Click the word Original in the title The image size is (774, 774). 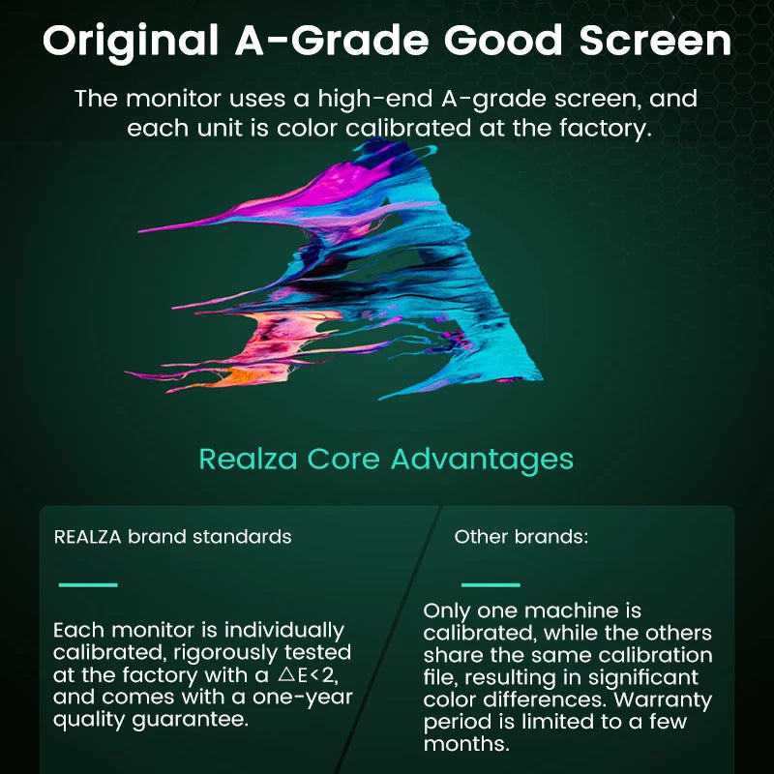pyautogui.click(x=126, y=42)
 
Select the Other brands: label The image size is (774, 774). pyautogui.click(x=521, y=536)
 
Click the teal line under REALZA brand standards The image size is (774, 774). pyautogui.click(x=88, y=584)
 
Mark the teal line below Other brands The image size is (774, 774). pyautogui.click(x=491, y=584)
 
